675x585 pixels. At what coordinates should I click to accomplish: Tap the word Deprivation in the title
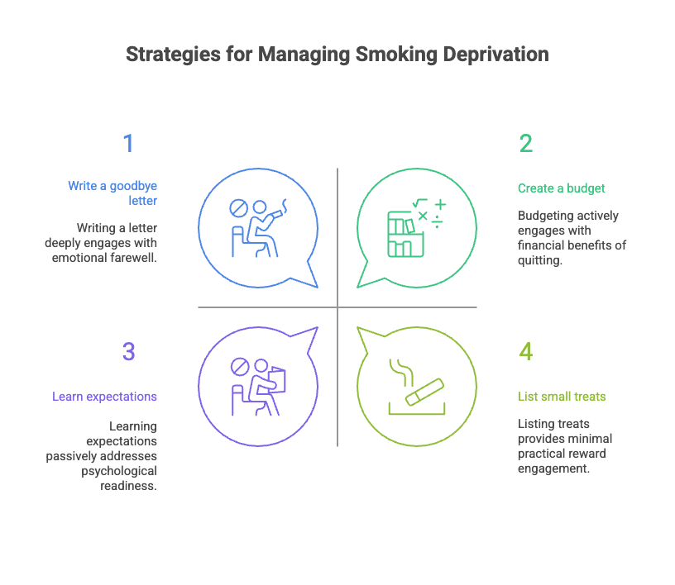pyautogui.click(x=495, y=55)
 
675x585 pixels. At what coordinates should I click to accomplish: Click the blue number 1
pyautogui.click(x=128, y=144)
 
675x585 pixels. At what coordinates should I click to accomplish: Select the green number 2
pyautogui.click(x=526, y=144)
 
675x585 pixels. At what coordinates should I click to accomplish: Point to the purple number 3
pyautogui.click(x=128, y=352)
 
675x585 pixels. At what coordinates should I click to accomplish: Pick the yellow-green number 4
pyautogui.click(x=526, y=352)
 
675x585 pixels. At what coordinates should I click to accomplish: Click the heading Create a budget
pyautogui.click(x=562, y=188)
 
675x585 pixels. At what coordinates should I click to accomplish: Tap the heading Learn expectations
pyautogui.click(x=105, y=397)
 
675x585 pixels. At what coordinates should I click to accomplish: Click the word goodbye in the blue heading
pyautogui.click(x=132, y=186)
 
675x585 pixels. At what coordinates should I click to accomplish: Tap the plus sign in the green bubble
pyautogui.click(x=440, y=203)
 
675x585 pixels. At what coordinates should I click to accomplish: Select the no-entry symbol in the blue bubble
pyautogui.click(x=238, y=207)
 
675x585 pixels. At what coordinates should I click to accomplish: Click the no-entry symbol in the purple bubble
pyautogui.click(x=238, y=364)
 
